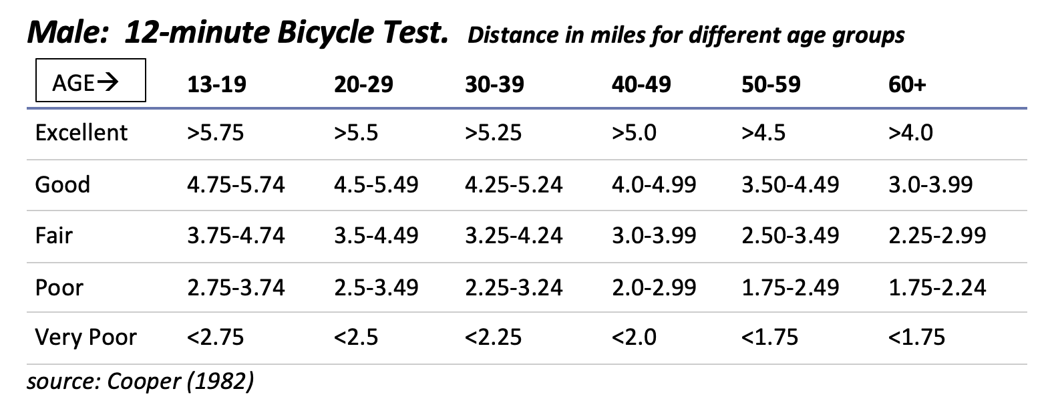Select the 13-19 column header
(216, 84)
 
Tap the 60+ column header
(907, 84)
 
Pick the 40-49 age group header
(641, 84)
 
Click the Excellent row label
(81, 132)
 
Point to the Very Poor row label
(85, 337)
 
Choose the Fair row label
(53, 235)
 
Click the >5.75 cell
(215, 132)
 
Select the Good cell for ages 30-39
(513, 184)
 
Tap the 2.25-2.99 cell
(936, 235)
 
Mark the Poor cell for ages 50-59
(790, 287)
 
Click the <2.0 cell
(633, 337)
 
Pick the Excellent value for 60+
(910, 132)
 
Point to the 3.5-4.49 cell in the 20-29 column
(376, 235)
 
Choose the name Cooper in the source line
(144, 382)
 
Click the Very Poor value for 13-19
(215, 337)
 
